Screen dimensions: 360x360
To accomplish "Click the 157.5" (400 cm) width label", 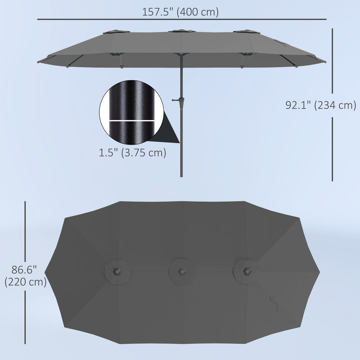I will coord(180,12).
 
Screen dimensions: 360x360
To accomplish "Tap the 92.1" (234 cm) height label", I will coord(321,105).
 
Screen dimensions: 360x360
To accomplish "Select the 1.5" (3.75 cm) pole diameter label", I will coord(132,153).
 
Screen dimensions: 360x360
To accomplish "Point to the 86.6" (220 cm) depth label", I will coord(25,276).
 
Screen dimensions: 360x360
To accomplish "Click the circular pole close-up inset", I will coord(132,112).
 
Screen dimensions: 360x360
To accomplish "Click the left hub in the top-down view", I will coord(117,272).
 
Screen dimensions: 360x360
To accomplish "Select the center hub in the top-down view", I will coord(182,272).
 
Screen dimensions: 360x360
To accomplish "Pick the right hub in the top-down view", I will coord(247,272).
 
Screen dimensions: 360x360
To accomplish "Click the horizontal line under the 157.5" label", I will coord(182,19).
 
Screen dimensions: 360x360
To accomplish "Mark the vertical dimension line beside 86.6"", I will coord(25,233).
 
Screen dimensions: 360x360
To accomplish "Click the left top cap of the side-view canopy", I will coord(116,32).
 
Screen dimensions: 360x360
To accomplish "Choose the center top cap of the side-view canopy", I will coord(182,31).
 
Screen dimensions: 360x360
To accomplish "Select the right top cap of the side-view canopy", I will coord(246,32).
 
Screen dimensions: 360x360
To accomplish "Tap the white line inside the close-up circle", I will coord(132,120).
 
